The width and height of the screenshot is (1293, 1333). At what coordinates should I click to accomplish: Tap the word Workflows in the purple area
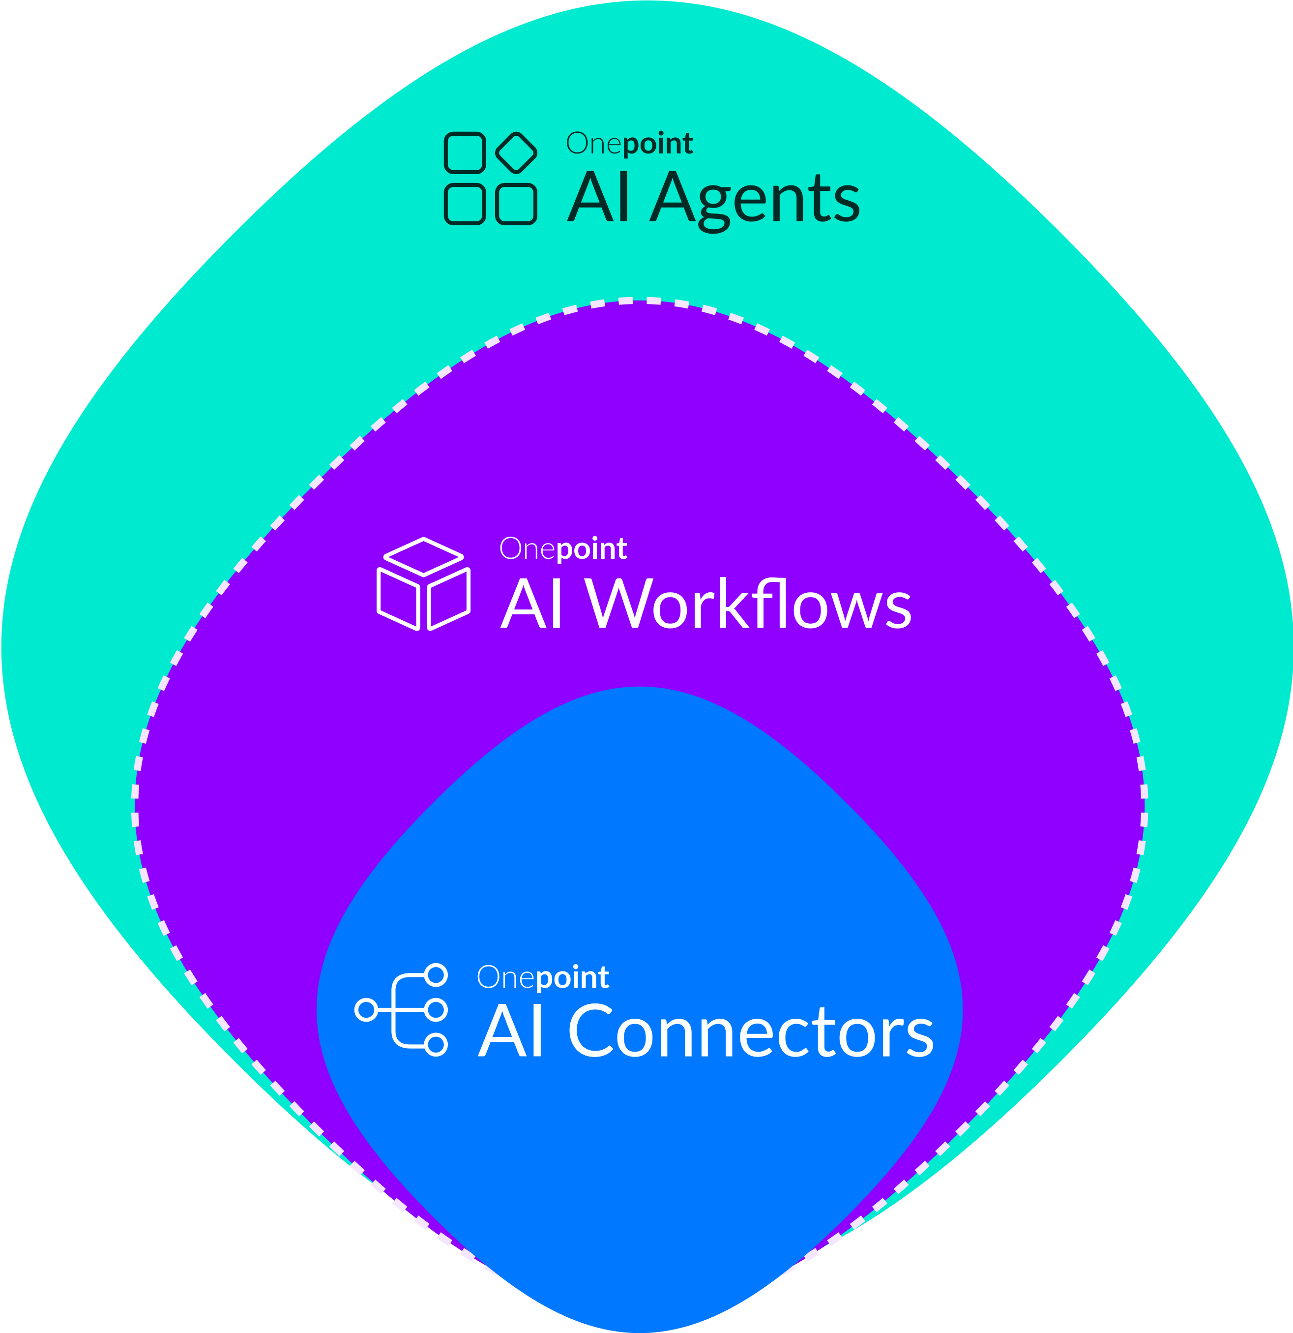(748, 604)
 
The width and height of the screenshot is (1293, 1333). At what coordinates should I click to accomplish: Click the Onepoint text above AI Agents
(629, 144)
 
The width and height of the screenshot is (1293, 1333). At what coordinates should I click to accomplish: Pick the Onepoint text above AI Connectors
(542, 977)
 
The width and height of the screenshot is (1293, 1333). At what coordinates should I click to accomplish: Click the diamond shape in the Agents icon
(517, 151)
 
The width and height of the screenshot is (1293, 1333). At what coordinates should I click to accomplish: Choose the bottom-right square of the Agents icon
(517, 203)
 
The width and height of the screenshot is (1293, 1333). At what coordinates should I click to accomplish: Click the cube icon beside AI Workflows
(423, 584)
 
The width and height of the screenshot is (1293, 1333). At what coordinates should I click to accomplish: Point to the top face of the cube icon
(423, 557)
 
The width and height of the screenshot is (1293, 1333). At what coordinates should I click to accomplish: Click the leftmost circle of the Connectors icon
(366, 1010)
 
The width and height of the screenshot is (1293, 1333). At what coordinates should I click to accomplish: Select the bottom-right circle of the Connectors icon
(436, 1045)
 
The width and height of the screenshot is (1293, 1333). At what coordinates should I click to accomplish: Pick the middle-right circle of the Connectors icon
(436, 1010)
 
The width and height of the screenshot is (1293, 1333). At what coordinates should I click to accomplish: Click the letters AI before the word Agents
(598, 199)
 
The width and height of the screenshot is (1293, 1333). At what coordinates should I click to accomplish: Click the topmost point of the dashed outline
(639, 300)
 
